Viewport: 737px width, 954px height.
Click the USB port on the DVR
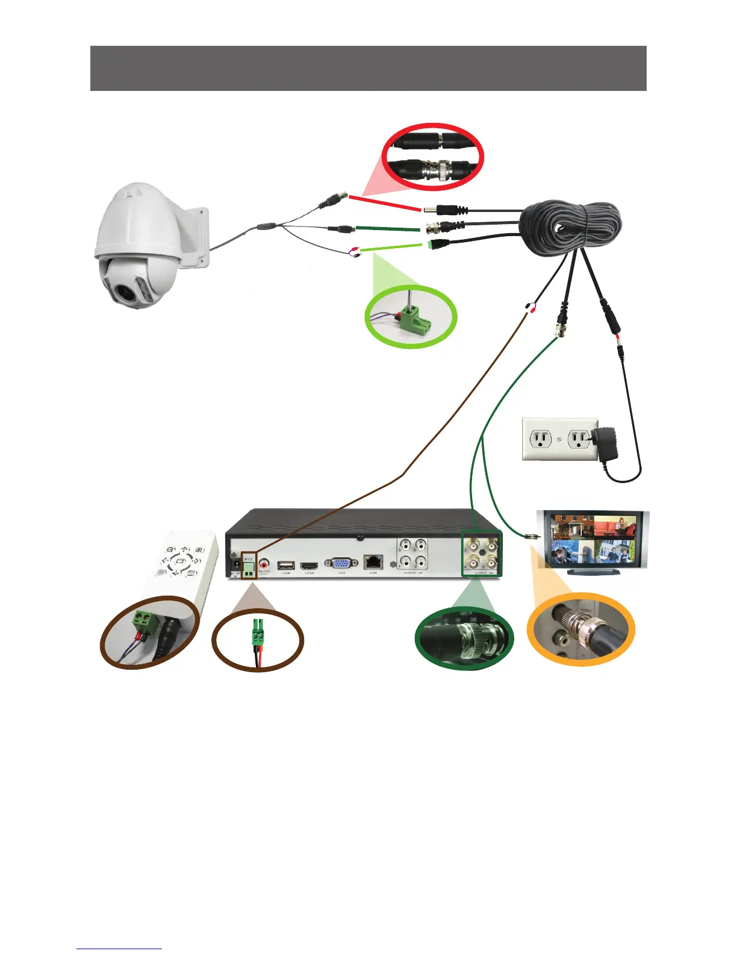click(286, 565)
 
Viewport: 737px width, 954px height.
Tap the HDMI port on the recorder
click(309, 566)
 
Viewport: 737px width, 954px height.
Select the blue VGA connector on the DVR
click(341, 563)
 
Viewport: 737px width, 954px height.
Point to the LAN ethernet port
click(373, 562)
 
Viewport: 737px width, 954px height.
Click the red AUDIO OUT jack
click(264, 565)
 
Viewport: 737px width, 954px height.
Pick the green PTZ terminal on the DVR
click(248, 567)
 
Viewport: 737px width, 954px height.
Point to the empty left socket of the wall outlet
click(541, 439)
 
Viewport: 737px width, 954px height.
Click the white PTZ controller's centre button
click(179, 561)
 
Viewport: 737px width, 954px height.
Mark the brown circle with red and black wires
click(258, 641)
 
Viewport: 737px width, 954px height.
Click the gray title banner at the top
click(368, 68)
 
